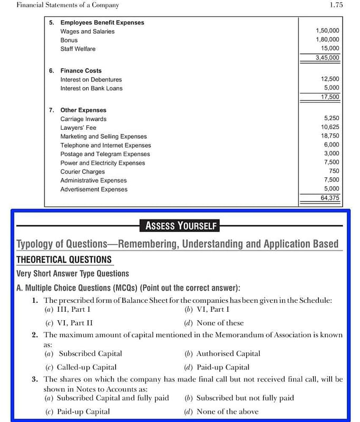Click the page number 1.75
(336, 5)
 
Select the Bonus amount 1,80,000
(327, 40)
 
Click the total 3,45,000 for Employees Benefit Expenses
(327, 57)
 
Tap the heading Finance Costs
(81, 71)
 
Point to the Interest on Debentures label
(91, 80)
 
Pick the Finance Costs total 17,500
(330, 97)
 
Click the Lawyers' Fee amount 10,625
(330, 127)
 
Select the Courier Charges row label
(82, 171)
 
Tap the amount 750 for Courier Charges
(334, 171)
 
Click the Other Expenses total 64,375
(330, 198)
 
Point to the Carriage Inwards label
(83, 119)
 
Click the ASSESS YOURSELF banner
(181, 226)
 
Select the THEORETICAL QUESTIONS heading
(64, 260)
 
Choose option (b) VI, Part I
(207, 310)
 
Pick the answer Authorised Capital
(222, 353)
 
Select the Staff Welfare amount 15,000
(330, 49)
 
